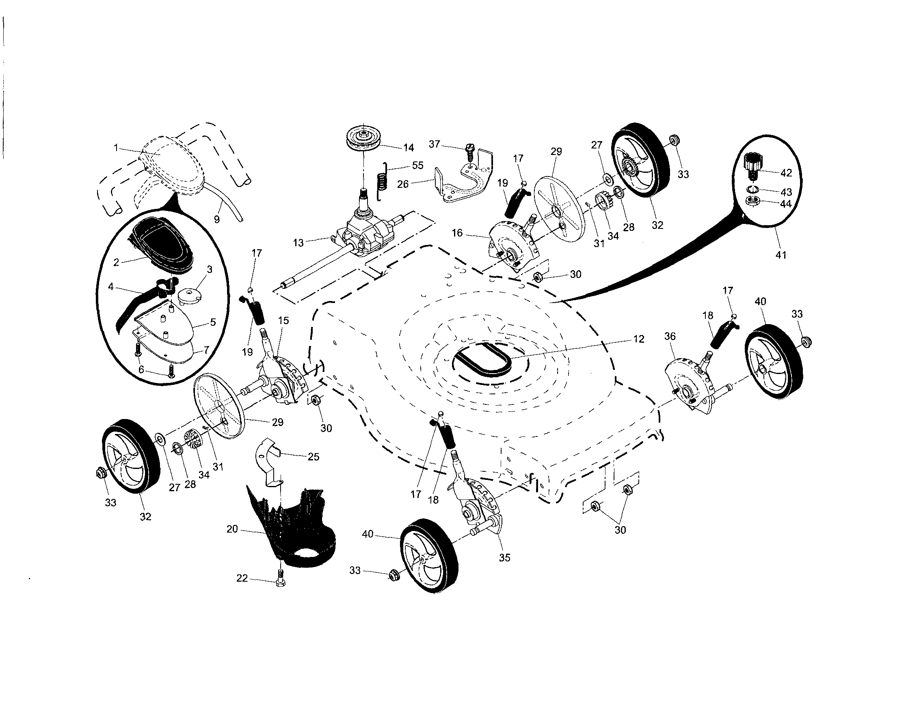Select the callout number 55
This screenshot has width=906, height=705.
tap(418, 166)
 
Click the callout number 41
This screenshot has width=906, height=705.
tap(781, 255)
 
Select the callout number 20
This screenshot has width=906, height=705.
tap(232, 529)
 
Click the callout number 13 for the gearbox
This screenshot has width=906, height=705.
tap(298, 243)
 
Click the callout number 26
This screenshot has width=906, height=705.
tap(403, 184)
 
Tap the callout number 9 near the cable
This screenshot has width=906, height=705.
tap(216, 219)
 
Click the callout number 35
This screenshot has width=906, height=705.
tap(504, 557)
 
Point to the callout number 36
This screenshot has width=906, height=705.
tap(670, 337)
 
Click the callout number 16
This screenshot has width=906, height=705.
tap(457, 233)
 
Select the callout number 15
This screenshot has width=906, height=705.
tap(283, 320)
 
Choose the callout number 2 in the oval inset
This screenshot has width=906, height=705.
tap(116, 262)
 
